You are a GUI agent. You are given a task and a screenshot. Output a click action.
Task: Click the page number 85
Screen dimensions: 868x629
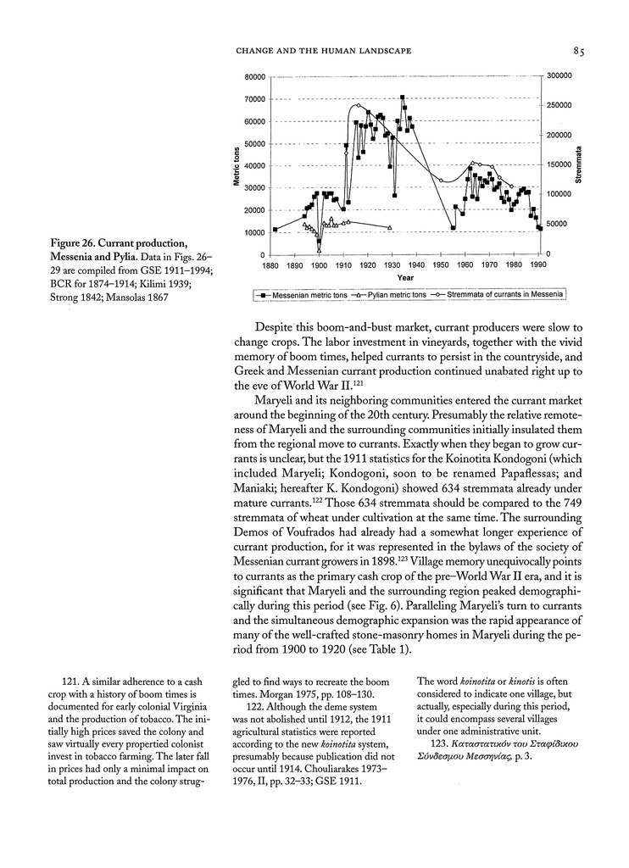pyautogui.click(x=579, y=52)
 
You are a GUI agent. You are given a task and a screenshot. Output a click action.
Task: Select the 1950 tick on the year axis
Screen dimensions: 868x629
pyautogui.click(x=440, y=265)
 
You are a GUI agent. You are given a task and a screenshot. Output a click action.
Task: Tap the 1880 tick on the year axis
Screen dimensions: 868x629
pyautogui.click(x=271, y=265)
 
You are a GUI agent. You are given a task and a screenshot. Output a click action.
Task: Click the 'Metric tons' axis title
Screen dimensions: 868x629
pyautogui.click(x=237, y=167)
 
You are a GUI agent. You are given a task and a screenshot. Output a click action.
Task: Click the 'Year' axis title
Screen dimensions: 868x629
pyautogui.click(x=404, y=277)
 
